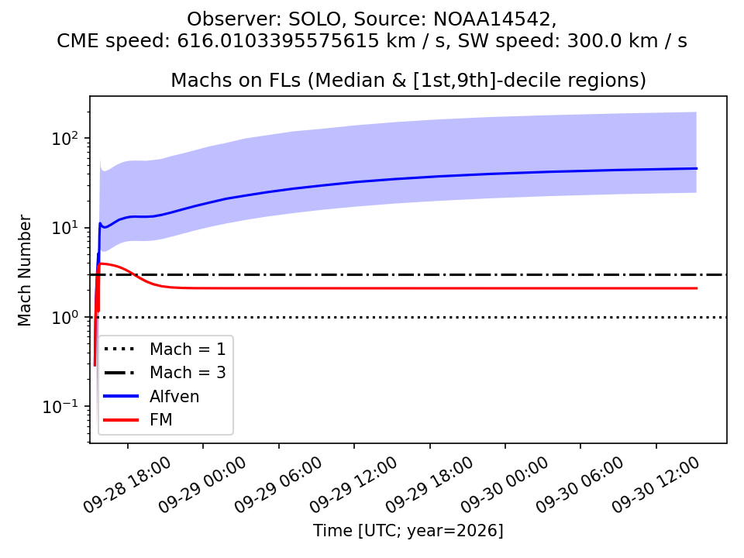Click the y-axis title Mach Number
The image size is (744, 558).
24,270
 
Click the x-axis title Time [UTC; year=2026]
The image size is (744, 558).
408,530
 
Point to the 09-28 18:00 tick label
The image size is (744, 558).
127,485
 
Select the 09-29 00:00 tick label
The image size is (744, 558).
202,485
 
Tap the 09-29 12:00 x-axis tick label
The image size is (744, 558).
353,485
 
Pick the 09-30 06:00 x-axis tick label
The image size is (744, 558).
580,485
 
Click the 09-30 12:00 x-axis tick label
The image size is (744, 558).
656,485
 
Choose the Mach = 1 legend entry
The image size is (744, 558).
164,350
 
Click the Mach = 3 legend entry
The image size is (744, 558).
164,373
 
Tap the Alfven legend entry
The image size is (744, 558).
151,396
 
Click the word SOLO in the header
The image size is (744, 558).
314,19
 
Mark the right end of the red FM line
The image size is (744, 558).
697,288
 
